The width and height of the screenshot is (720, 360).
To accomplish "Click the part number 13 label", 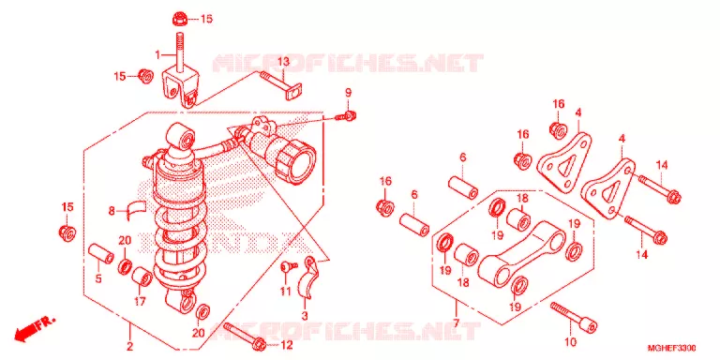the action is click(283, 62).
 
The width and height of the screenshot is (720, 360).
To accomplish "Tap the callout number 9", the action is click(348, 93).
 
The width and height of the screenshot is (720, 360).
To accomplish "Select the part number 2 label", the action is click(130, 346).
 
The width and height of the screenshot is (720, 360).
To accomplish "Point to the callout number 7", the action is click(456, 322).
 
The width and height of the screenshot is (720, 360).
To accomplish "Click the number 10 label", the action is click(570, 342).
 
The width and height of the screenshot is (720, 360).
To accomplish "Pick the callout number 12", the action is click(286, 344).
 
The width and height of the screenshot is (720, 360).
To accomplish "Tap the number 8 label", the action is click(112, 211).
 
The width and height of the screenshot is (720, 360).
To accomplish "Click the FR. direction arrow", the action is click(35, 329).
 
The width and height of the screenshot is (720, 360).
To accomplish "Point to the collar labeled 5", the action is click(100, 254).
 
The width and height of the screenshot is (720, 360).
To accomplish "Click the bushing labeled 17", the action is click(142, 277).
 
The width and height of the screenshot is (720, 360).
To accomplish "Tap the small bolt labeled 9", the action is click(346, 116).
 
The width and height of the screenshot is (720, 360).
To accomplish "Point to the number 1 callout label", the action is click(157, 55).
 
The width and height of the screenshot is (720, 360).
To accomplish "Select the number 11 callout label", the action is click(286, 292).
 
